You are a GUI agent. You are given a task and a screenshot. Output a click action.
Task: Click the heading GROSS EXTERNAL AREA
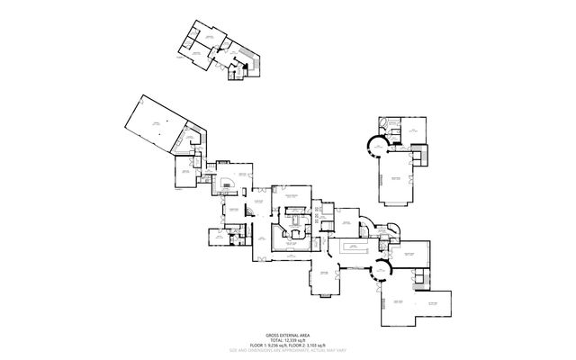(288, 331)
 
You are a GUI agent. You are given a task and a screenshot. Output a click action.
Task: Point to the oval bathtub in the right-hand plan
(388, 122)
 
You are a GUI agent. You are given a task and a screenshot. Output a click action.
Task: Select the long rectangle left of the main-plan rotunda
(352, 247)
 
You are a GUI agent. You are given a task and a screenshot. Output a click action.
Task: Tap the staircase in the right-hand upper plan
(419, 157)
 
